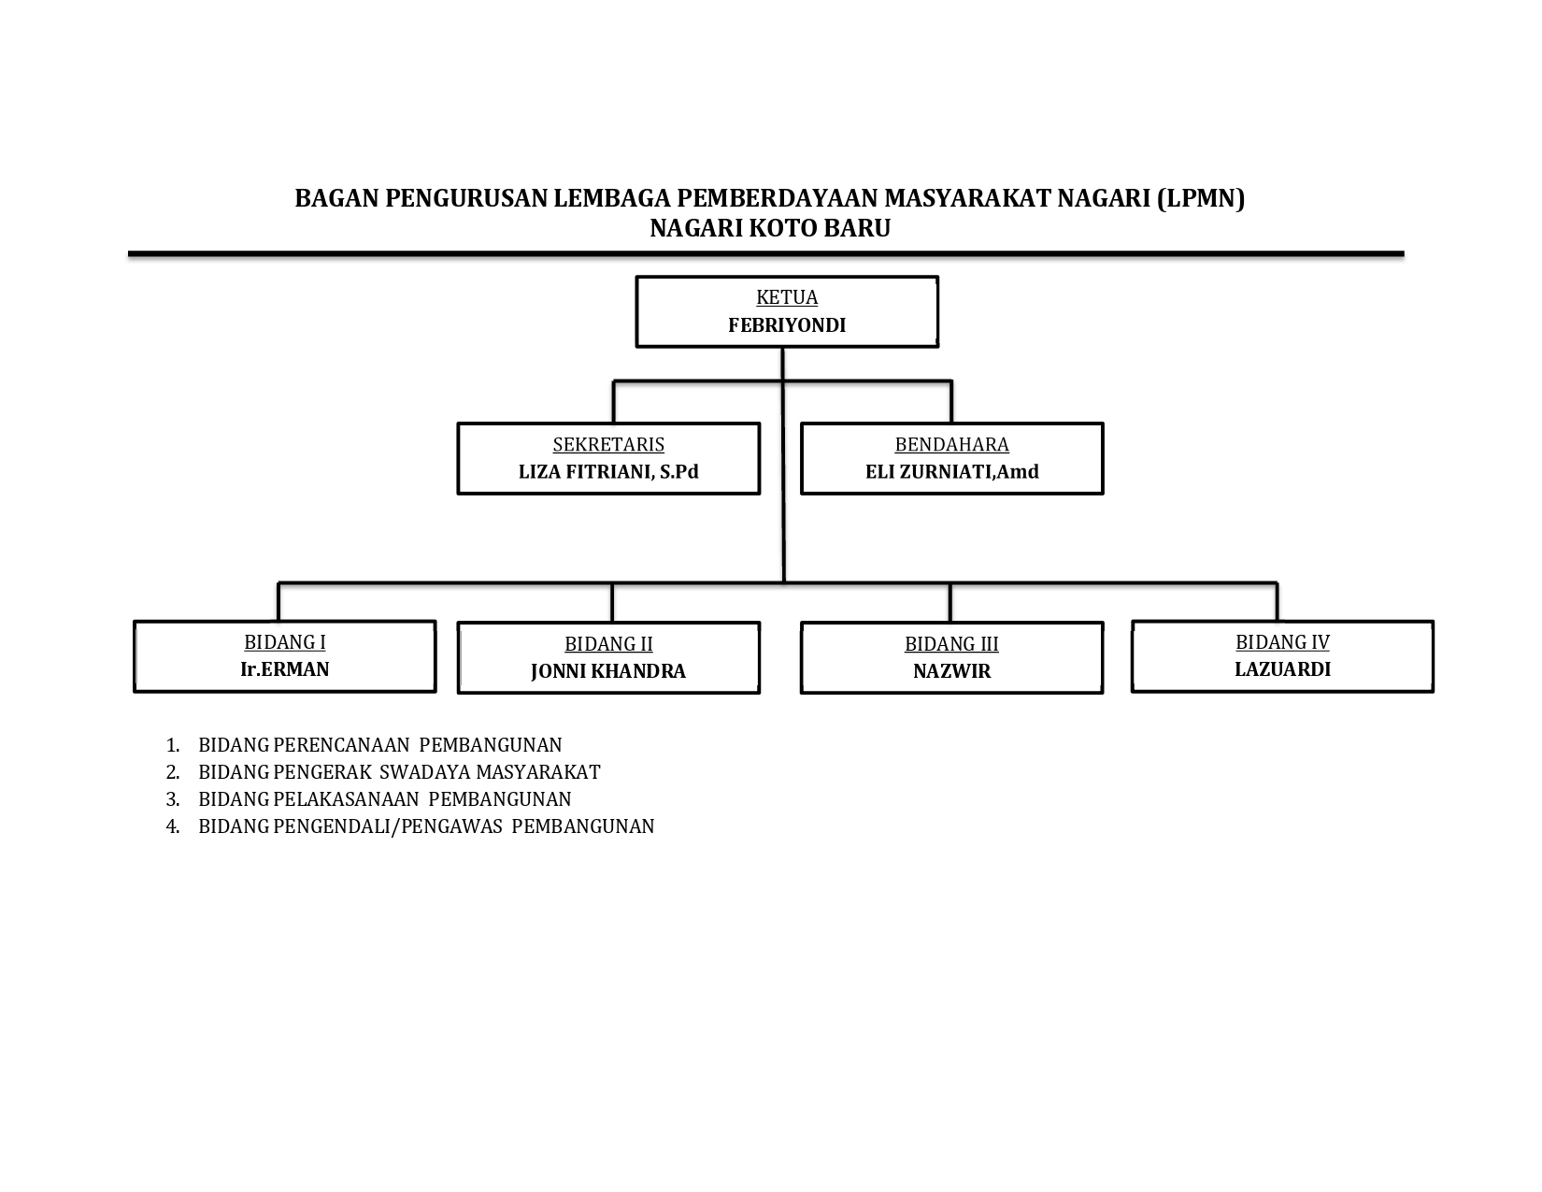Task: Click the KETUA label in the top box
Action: click(786, 296)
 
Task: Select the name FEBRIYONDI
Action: click(786, 325)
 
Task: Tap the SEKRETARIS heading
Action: click(608, 444)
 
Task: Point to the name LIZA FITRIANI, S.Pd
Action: click(608, 472)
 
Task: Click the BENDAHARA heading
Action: click(951, 444)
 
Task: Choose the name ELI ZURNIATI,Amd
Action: click(951, 472)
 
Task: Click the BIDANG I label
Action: click(284, 641)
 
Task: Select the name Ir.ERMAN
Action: click(284, 669)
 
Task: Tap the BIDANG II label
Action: click(608, 644)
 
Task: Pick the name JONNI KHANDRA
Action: click(608, 671)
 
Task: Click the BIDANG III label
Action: click(951, 644)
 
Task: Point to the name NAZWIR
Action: click(951, 671)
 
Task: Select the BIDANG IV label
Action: click(1282, 641)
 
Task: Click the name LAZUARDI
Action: click(1282, 669)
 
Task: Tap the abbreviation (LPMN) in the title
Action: click(1201, 199)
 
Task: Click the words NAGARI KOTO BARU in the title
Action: click(770, 229)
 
